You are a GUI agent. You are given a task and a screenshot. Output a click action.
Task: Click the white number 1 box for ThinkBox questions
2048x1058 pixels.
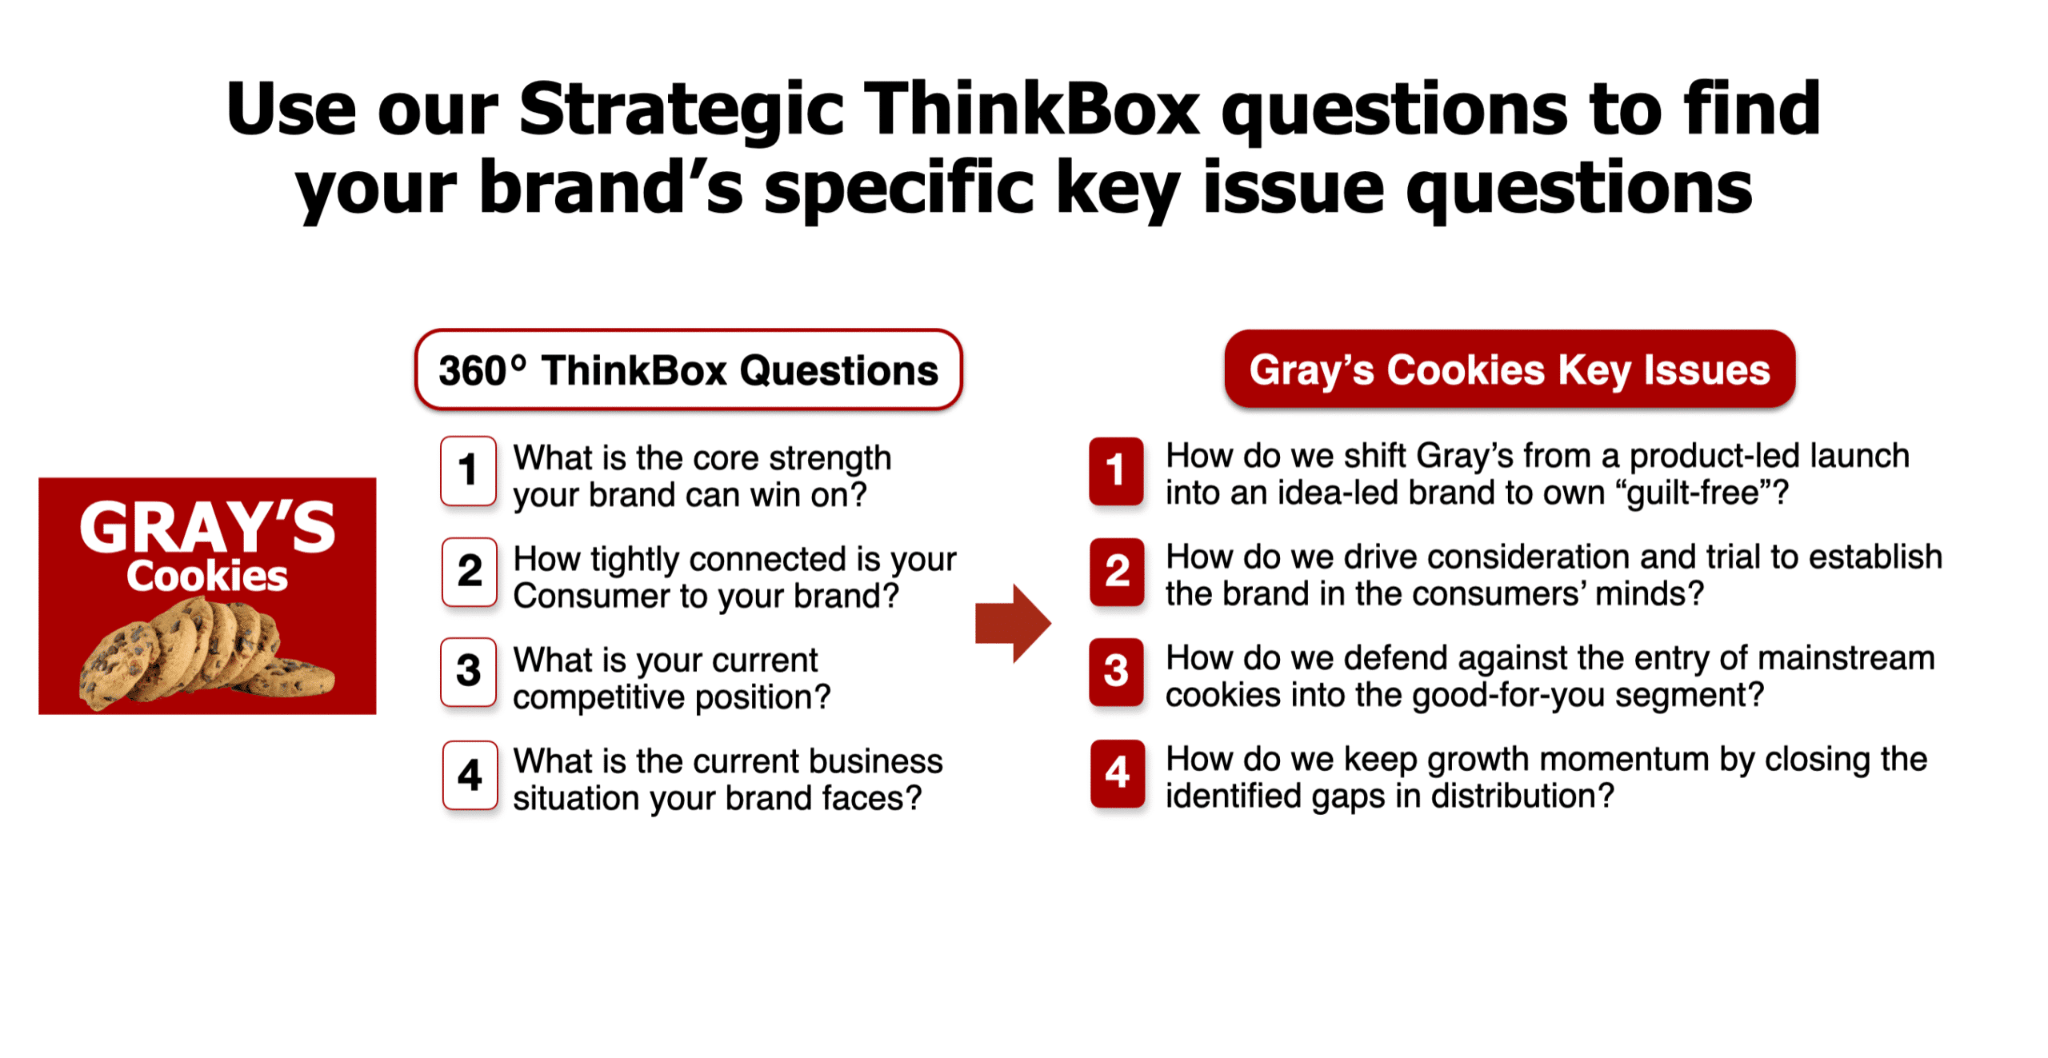tap(468, 470)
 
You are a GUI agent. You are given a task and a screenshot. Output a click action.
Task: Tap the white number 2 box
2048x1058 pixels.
tap(470, 571)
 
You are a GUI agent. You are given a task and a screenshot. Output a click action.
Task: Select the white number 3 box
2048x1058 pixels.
tap(469, 672)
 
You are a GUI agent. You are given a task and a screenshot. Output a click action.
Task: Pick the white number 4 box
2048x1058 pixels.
tap(470, 774)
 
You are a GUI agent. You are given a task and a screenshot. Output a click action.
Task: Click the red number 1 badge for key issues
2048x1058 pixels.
tap(1116, 470)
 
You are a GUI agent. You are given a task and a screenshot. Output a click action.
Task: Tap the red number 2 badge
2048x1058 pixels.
tap(1117, 571)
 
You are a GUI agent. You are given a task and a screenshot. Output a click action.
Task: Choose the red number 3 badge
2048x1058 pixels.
tap(1116, 672)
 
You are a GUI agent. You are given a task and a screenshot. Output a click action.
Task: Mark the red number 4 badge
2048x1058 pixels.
tap(1118, 773)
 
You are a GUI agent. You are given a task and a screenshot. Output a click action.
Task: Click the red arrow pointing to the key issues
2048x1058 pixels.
tap(1013, 623)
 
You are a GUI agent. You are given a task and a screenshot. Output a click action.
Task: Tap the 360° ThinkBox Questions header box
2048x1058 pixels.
tap(688, 369)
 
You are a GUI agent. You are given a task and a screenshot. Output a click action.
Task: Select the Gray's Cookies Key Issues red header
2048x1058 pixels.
tap(1510, 369)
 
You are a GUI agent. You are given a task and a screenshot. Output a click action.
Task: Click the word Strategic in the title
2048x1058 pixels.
tap(682, 109)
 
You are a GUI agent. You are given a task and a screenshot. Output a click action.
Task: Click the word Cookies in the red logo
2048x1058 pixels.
tap(207, 576)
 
